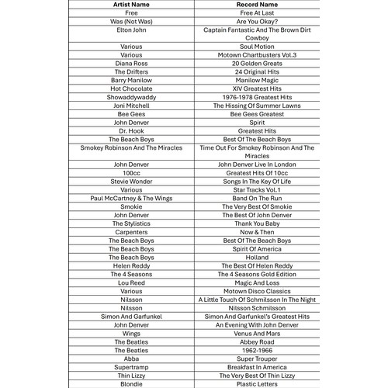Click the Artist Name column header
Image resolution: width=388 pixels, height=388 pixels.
[131, 4]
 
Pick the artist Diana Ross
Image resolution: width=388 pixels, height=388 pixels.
[131, 64]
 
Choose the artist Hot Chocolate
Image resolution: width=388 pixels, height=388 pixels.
[131, 88]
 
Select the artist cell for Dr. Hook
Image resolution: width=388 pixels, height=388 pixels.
[131, 130]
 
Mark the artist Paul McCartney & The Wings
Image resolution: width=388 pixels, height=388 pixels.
[131, 198]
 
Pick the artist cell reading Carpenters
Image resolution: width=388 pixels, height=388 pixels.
[131, 231]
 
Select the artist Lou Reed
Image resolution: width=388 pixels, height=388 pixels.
[131, 282]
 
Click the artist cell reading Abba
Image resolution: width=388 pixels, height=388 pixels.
[131, 359]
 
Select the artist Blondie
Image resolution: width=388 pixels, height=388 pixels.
[131, 383]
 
